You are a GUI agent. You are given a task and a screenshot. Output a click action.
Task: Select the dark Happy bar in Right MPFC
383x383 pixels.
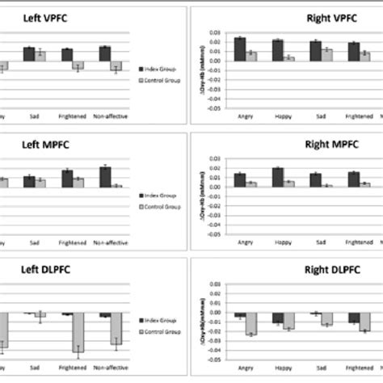pyautogui.click(x=278, y=177)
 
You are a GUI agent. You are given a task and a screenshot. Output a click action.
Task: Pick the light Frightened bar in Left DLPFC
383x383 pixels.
pyautogui.click(x=79, y=333)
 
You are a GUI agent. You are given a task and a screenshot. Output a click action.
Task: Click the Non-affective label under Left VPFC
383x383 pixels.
pyautogui.click(x=110, y=116)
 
